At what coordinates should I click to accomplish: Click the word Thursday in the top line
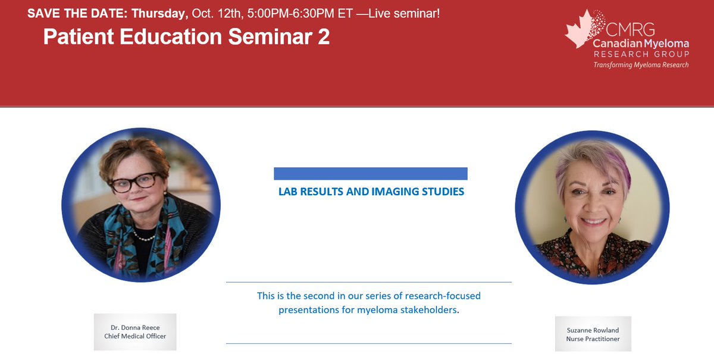159,13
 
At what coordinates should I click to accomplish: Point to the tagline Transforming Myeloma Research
641,65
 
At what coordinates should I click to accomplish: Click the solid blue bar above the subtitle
370,174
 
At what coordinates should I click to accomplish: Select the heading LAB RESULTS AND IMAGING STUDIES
371,192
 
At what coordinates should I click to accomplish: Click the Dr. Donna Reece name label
134,327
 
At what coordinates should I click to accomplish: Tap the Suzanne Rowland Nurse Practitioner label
593,334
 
